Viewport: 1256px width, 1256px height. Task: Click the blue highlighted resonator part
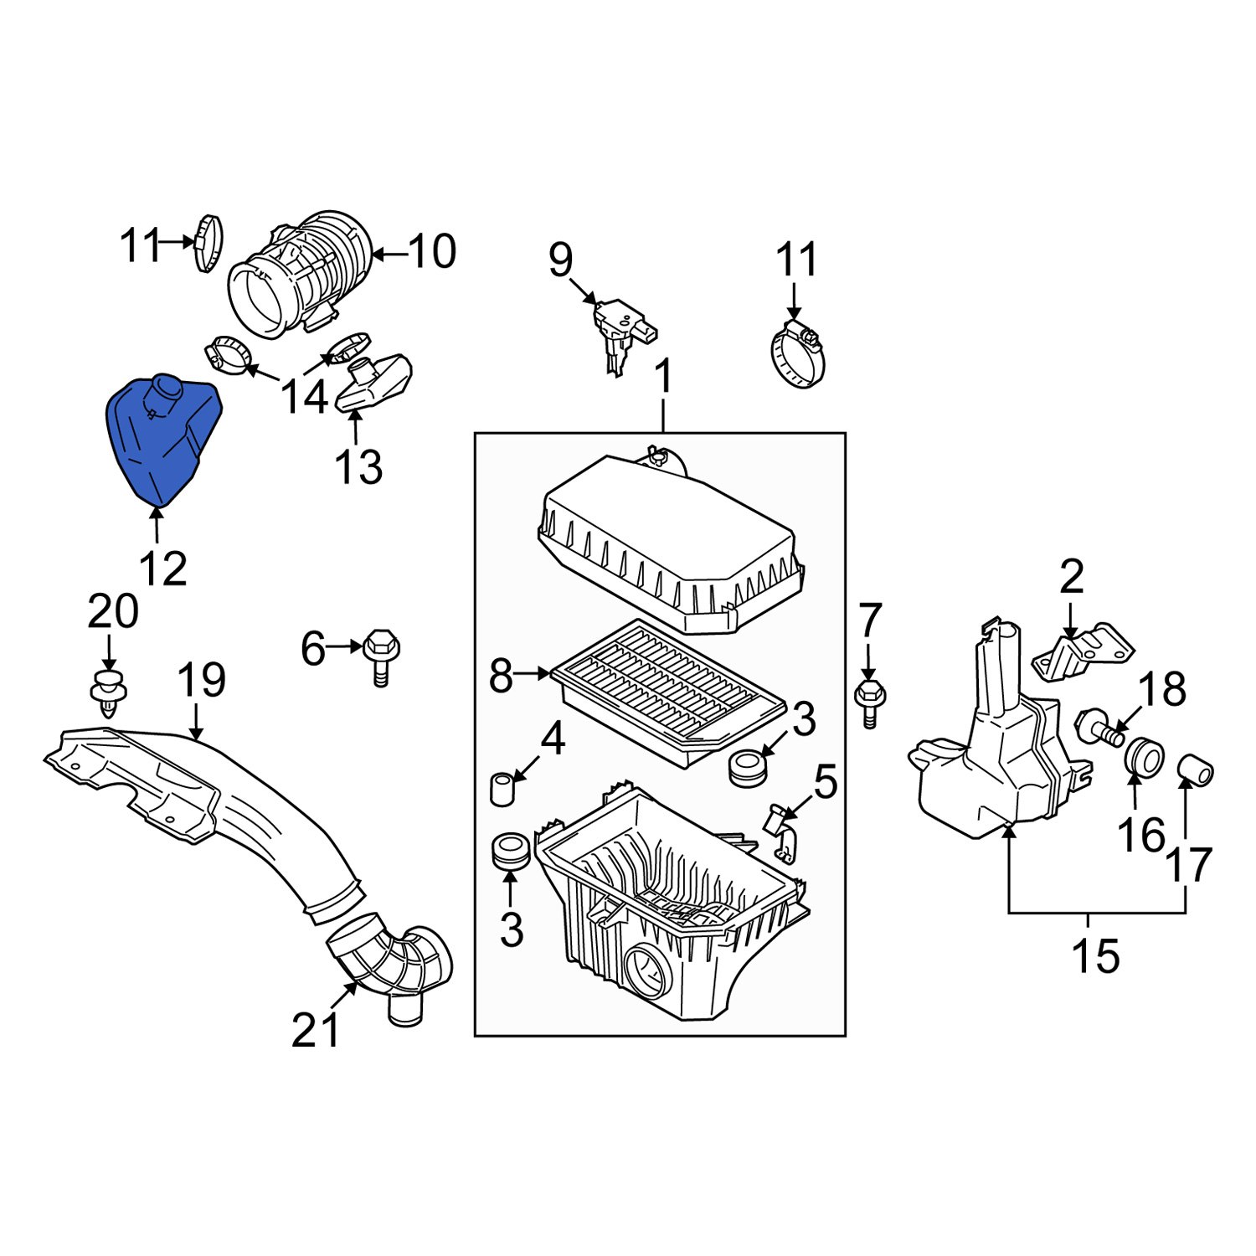(164, 440)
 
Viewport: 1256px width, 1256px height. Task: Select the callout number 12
(163, 569)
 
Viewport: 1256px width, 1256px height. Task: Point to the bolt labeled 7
(870, 702)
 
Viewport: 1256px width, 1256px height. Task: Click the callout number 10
(432, 250)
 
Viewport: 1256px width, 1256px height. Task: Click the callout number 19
(202, 680)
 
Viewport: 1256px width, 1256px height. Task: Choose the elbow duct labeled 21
(389, 963)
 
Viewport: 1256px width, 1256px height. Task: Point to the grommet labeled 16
(1142, 759)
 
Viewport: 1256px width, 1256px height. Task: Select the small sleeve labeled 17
(1196, 770)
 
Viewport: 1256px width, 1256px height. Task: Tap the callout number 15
(1095, 955)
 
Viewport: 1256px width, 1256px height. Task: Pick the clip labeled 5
(780, 829)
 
